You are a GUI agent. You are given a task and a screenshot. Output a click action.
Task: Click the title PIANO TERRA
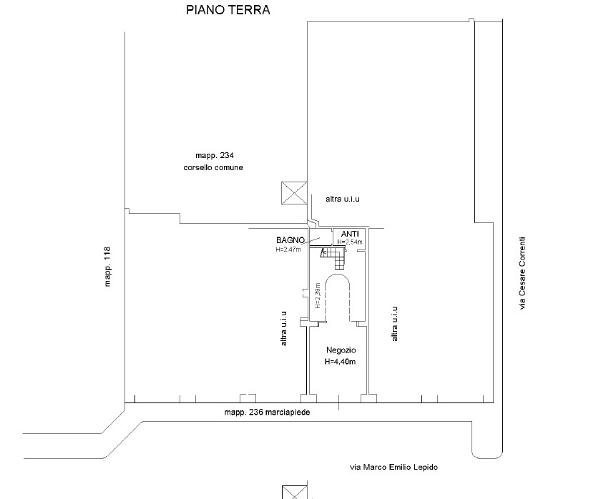[x=228, y=10]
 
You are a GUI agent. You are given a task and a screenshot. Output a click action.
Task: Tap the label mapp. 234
[x=215, y=155]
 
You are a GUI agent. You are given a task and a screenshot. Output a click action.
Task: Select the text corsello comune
[x=213, y=167]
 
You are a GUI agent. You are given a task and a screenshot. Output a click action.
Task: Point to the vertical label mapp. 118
[x=107, y=266]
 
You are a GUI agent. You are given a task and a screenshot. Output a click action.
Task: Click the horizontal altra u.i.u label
[x=343, y=199]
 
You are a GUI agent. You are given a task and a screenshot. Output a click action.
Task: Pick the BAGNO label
[x=290, y=240]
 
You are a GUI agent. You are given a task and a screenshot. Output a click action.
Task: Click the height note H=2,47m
[x=288, y=249]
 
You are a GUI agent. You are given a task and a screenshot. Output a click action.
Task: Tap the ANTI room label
[x=350, y=234]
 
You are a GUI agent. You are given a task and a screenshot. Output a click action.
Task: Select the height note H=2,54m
[x=350, y=242]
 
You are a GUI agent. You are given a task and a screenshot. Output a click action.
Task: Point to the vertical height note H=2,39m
[x=318, y=296]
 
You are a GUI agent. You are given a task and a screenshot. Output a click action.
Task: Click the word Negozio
[x=341, y=350]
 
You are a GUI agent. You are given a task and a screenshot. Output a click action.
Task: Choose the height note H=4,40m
[x=340, y=362]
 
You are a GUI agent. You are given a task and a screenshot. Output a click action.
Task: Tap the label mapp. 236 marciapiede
[x=267, y=412]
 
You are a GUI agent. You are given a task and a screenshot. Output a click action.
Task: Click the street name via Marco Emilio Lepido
[x=394, y=468]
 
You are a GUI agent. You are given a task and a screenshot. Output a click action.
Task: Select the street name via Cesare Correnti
[x=522, y=273]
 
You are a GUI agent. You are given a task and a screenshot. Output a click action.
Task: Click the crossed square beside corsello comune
[x=294, y=193]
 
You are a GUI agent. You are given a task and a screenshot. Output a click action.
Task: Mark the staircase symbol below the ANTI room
[x=333, y=258]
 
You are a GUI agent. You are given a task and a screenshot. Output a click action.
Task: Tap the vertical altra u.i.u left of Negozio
[x=283, y=328]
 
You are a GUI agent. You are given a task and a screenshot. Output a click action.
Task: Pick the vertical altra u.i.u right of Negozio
[x=394, y=324]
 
